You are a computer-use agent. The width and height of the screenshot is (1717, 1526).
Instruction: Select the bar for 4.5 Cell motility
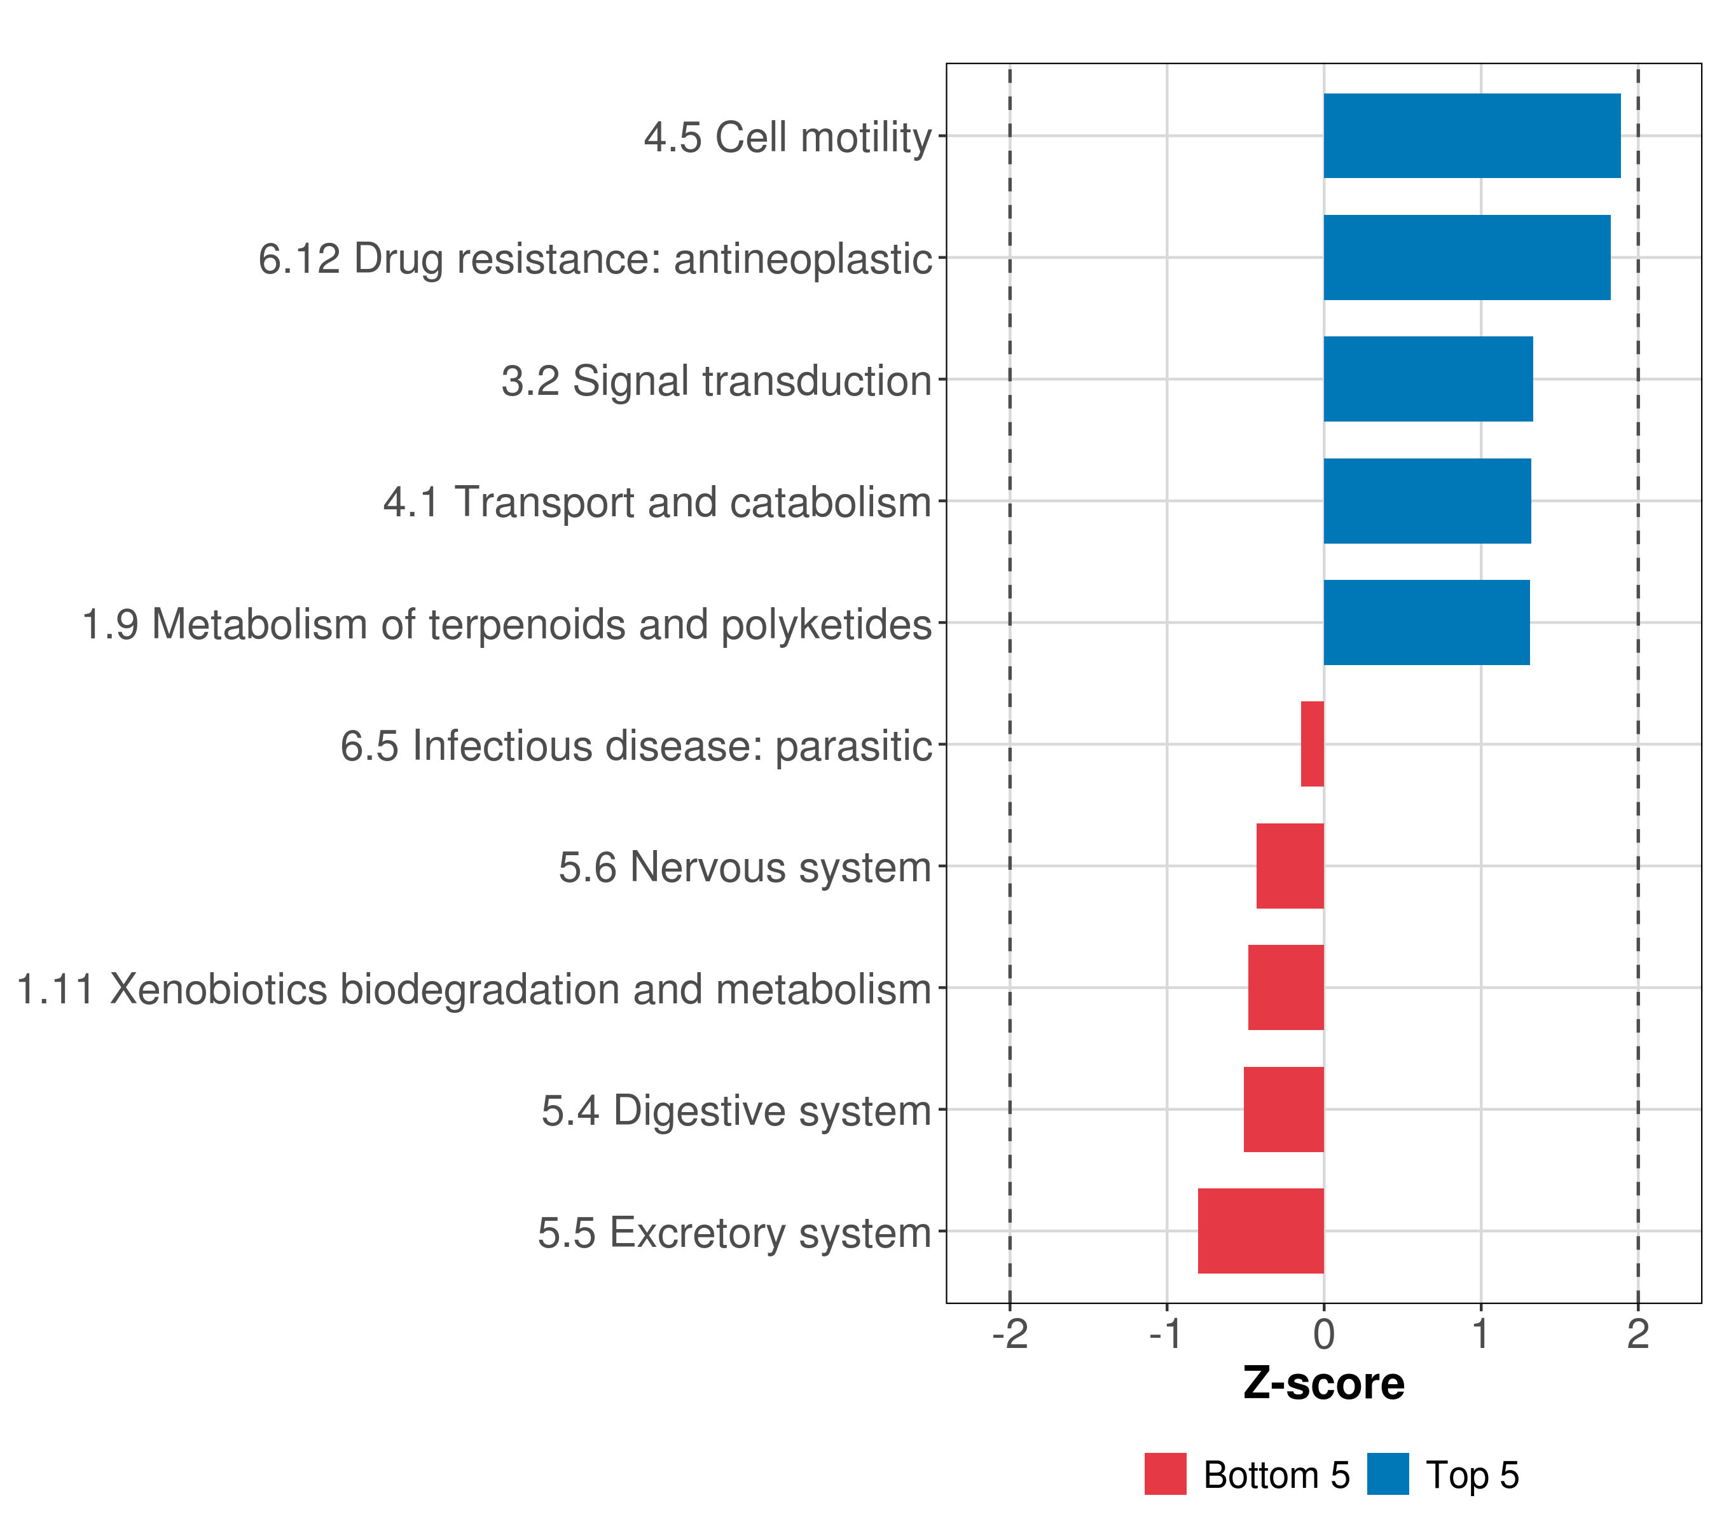point(1472,135)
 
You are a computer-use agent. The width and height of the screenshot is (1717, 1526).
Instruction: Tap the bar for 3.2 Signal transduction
point(1428,379)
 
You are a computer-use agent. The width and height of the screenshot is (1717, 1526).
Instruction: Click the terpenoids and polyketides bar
point(1426,622)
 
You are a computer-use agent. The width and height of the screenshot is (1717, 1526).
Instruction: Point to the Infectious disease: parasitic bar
point(1312,744)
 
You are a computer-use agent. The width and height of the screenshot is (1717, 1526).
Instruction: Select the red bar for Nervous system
point(1290,866)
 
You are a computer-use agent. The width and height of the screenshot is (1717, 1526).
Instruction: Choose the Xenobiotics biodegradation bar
point(1286,987)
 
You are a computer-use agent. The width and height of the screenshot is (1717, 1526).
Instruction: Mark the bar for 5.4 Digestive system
point(1283,1110)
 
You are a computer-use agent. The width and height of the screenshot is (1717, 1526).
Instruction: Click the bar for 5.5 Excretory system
point(1261,1231)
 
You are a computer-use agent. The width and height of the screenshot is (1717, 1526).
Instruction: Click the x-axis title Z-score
point(1324,1384)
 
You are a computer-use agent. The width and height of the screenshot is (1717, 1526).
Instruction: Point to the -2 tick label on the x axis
point(1010,1334)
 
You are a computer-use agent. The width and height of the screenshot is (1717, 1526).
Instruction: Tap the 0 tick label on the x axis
point(1324,1334)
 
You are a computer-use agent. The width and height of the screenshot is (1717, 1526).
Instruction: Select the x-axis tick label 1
point(1481,1334)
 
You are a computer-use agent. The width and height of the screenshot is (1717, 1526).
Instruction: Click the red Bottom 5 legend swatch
point(1165,1474)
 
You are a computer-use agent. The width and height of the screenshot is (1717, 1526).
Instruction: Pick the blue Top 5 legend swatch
point(1388,1474)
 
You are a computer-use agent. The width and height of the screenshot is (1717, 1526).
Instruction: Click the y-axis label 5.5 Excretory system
point(735,1233)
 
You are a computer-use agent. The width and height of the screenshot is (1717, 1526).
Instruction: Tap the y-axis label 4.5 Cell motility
point(788,137)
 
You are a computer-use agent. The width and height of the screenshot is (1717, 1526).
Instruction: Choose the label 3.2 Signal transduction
point(717,380)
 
